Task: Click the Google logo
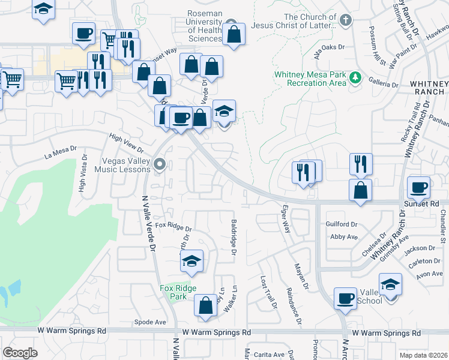(x=20, y=353)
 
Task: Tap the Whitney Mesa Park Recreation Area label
(x=310, y=79)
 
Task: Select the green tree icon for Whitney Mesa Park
(x=356, y=77)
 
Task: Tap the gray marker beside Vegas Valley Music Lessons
(x=159, y=164)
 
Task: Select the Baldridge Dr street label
(x=234, y=236)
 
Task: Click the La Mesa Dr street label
(x=61, y=149)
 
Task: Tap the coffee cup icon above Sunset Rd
(x=419, y=188)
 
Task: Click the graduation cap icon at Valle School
(x=390, y=284)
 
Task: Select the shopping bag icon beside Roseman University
(x=234, y=34)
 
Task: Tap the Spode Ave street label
(x=150, y=322)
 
